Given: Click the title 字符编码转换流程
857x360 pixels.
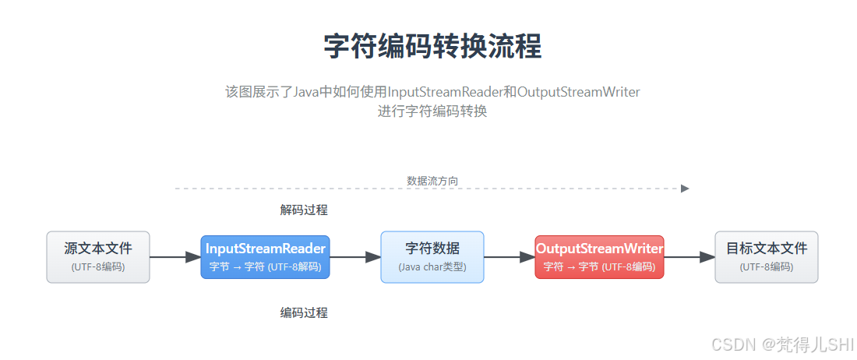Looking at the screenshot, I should [x=432, y=47].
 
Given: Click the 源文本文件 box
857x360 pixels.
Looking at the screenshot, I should [x=98, y=256].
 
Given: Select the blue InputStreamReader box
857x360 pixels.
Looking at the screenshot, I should [x=265, y=256].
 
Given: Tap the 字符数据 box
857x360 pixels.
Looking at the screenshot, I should [x=432, y=256].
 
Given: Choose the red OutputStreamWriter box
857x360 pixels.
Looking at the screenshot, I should [x=599, y=256].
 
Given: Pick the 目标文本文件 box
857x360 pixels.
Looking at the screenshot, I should [x=767, y=256].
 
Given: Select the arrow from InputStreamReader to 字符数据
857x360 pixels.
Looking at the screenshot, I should [x=355, y=257].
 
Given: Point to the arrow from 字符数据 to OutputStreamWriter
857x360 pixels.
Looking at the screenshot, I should [x=510, y=257].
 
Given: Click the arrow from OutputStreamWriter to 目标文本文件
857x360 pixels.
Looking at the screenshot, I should [x=689, y=257].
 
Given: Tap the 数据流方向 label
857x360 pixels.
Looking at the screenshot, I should [x=432, y=181].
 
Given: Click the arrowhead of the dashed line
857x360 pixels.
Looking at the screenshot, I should [x=685, y=189].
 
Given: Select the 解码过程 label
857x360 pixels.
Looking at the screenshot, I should [x=304, y=210].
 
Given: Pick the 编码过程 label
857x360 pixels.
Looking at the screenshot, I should [x=304, y=312].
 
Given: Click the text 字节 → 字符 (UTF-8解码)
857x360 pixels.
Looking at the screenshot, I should [x=265, y=266].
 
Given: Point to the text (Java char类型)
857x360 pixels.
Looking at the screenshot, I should [x=432, y=266].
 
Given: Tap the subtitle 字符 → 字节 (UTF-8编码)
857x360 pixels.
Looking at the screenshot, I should [x=599, y=266].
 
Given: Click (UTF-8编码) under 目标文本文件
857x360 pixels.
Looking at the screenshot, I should [x=767, y=266].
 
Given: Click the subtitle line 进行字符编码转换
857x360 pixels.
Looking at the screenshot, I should [x=432, y=111].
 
